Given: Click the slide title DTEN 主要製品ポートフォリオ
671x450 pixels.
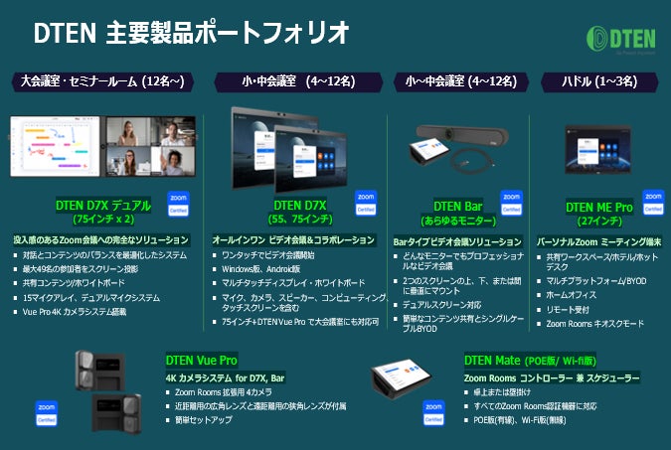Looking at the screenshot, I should coord(191,32).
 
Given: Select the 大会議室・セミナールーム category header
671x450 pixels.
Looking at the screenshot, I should coord(103,81).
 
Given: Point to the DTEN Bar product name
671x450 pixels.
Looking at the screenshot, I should coord(457,206).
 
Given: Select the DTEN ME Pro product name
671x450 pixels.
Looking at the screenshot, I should coord(598,207).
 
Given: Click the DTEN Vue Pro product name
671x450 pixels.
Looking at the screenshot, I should coord(201,360).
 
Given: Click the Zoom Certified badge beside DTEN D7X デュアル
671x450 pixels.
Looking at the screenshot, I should coord(179,204).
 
